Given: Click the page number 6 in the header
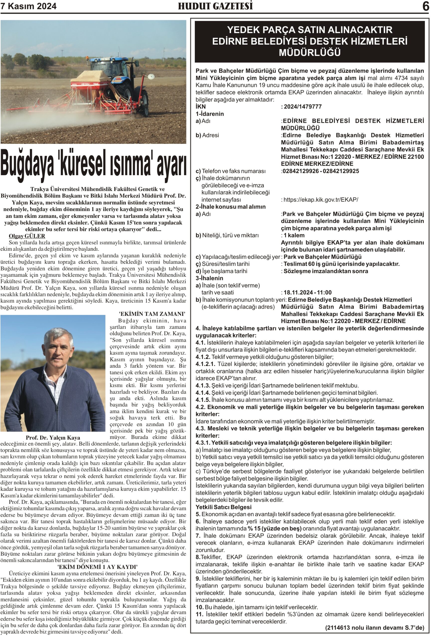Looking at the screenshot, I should (426, 6).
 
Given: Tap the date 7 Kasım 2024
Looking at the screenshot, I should (29, 6).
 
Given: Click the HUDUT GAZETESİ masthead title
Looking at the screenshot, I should (215, 6).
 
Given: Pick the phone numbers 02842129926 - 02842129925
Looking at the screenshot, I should (321, 171).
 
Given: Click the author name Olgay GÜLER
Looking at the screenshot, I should (27, 236).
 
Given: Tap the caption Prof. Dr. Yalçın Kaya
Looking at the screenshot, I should (53, 438).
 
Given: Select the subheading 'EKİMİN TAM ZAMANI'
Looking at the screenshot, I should (152, 314).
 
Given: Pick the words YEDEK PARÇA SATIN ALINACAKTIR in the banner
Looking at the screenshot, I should (310, 30).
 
